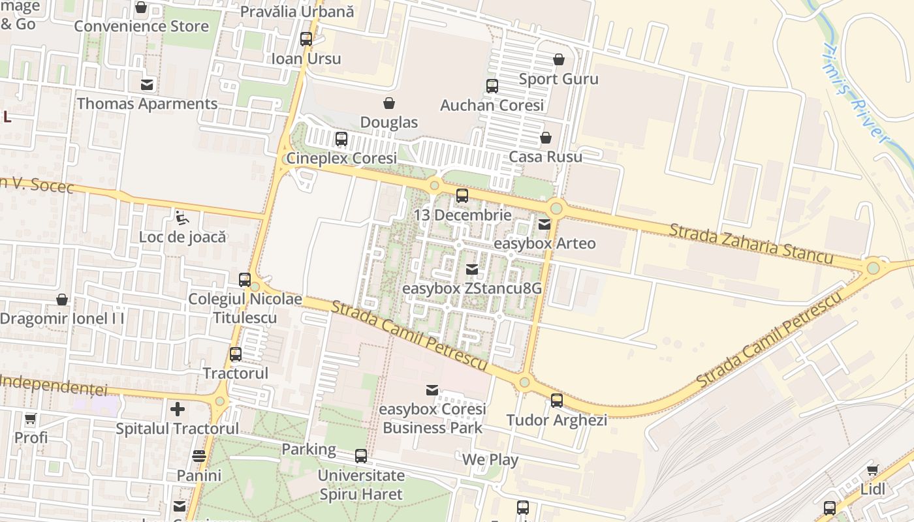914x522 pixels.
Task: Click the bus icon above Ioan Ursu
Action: [306, 38]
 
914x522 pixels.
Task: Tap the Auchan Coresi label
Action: [492, 105]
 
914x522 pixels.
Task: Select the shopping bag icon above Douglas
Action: [389, 103]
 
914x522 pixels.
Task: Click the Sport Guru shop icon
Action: [559, 59]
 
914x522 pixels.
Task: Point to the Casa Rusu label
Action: [545, 157]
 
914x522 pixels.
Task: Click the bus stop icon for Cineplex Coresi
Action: [341, 138]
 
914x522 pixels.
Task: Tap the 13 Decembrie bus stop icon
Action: [462, 195]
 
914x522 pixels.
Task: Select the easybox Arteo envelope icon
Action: [544, 224]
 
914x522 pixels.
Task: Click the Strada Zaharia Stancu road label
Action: [751, 243]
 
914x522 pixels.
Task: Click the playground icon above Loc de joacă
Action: [182, 217]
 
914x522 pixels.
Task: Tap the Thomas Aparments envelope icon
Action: [148, 84]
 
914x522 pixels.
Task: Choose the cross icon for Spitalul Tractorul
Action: [178, 409]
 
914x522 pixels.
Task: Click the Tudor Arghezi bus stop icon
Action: [557, 401]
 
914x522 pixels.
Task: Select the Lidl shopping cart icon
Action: [872, 470]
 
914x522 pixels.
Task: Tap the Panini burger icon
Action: [199, 456]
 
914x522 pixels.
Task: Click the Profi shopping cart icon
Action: [31, 418]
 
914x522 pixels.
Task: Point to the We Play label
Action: [490, 459]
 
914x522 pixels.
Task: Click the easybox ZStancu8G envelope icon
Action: [472, 269]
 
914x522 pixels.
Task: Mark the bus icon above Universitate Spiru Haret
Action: [361, 456]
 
